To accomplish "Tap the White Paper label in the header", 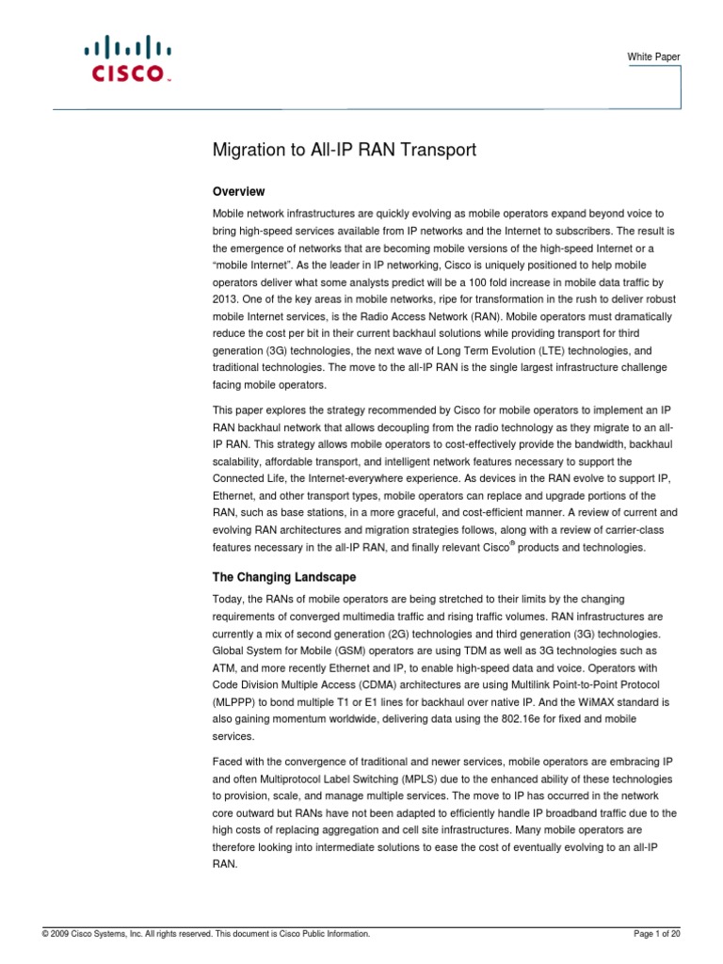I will click(653, 57).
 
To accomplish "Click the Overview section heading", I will click(240, 191).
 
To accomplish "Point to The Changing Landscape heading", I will click(285, 576).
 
